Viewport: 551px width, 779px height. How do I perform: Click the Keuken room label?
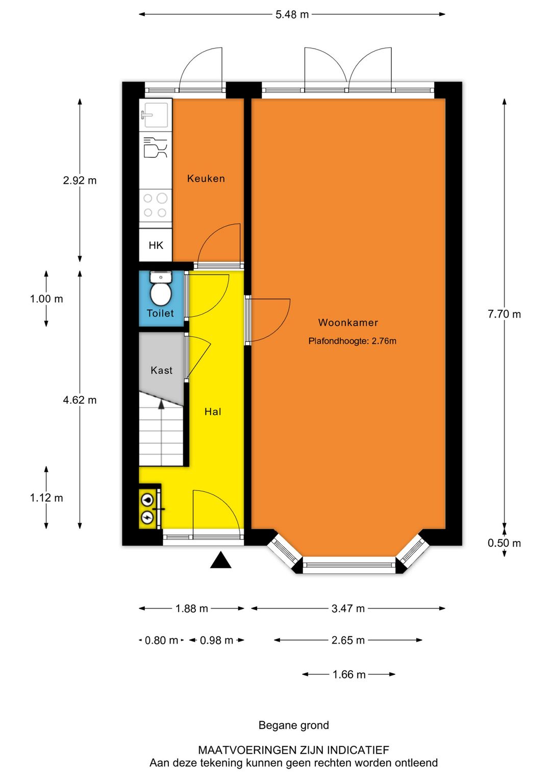(206, 178)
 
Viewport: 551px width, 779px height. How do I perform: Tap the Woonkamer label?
(348, 323)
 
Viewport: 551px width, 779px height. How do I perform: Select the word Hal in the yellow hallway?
(213, 412)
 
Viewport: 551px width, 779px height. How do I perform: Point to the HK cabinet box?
(156, 245)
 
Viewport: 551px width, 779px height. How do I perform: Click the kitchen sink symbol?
(156, 114)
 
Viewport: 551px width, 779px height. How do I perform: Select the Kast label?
(161, 370)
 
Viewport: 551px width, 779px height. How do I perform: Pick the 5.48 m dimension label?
(292, 15)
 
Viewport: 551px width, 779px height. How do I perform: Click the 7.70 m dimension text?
(504, 314)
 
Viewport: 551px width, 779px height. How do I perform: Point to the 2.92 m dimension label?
(80, 181)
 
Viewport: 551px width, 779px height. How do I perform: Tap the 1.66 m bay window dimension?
(349, 675)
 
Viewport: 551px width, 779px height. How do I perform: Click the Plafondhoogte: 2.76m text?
(352, 341)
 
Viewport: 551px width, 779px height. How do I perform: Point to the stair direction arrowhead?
(161, 404)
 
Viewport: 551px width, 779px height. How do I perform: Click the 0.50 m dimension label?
(504, 543)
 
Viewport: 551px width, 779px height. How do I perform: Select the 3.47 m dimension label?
(348, 608)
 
